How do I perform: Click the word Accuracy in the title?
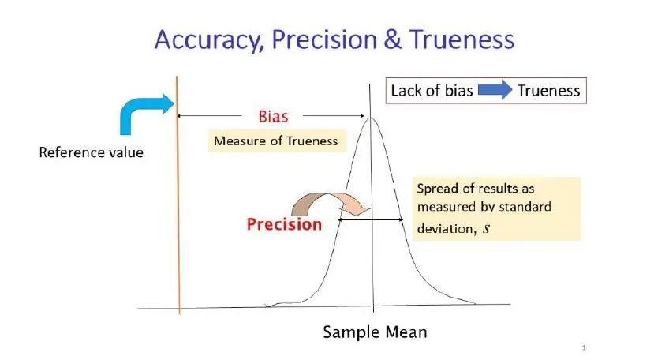(x=207, y=40)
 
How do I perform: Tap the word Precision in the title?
(x=324, y=39)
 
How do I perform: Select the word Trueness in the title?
(x=462, y=39)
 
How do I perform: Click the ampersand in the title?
(x=393, y=39)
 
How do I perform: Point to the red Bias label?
(x=274, y=117)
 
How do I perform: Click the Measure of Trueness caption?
(x=275, y=141)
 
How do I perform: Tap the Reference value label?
(x=92, y=152)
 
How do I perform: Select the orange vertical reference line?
(x=178, y=195)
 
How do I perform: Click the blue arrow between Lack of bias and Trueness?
(x=495, y=90)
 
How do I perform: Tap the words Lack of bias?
(x=432, y=91)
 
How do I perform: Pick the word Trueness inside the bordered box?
(x=548, y=91)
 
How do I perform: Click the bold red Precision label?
(x=284, y=225)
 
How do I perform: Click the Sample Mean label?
(x=375, y=332)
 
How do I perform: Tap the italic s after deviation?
(x=486, y=229)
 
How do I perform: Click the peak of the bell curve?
(x=370, y=118)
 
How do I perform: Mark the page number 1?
(x=584, y=347)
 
